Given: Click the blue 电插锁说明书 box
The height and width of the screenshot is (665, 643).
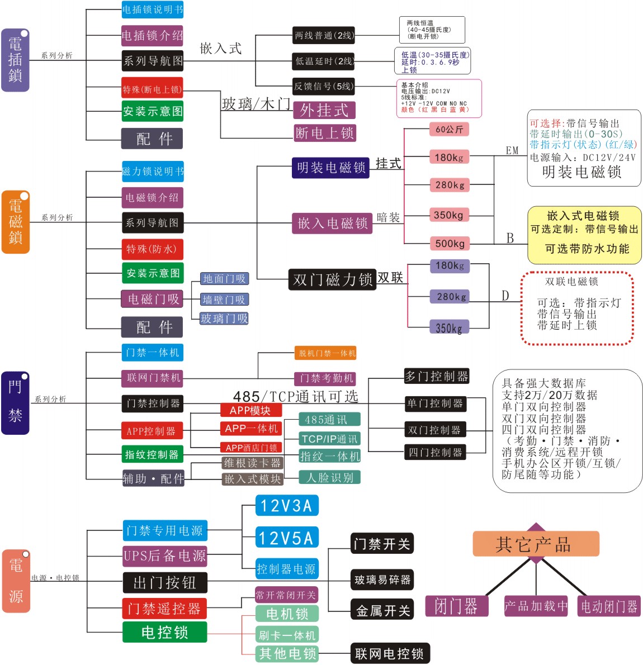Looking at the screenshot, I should tap(153, 9).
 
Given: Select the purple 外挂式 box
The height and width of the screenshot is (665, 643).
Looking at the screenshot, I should tap(324, 110).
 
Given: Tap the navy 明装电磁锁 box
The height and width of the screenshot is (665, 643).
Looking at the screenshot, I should tap(330, 168).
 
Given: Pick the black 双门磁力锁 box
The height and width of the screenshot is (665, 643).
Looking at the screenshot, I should tap(332, 279).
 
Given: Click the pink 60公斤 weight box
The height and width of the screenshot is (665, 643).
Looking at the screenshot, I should tap(449, 130).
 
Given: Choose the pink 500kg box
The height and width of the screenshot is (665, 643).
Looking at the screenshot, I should tap(450, 244).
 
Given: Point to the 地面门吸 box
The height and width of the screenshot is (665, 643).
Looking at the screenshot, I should tap(224, 279).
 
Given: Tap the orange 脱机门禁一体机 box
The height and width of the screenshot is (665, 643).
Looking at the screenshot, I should tap(327, 353).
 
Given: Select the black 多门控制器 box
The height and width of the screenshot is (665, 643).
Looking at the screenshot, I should tap(436, 376).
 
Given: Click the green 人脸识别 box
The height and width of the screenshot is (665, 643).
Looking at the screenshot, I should tap(330, 478).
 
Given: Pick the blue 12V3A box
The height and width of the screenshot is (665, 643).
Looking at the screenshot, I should tap(287, 506).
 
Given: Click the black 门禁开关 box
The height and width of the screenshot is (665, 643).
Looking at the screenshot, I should tap(382, 544).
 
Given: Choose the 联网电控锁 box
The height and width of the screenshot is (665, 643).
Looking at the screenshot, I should tap(390, 653).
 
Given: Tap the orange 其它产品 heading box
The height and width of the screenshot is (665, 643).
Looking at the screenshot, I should tap(536, 544).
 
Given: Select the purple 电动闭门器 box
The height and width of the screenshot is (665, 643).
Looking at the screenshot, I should tap(609, 606).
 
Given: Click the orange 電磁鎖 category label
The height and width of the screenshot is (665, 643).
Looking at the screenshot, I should tap(15, 222).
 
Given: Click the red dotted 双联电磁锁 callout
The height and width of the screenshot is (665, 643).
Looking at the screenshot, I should tap(577, 308).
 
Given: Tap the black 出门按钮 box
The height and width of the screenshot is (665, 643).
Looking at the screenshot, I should tap(165, 583).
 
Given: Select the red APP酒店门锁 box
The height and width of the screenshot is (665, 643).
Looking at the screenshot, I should tap(251, 448).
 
